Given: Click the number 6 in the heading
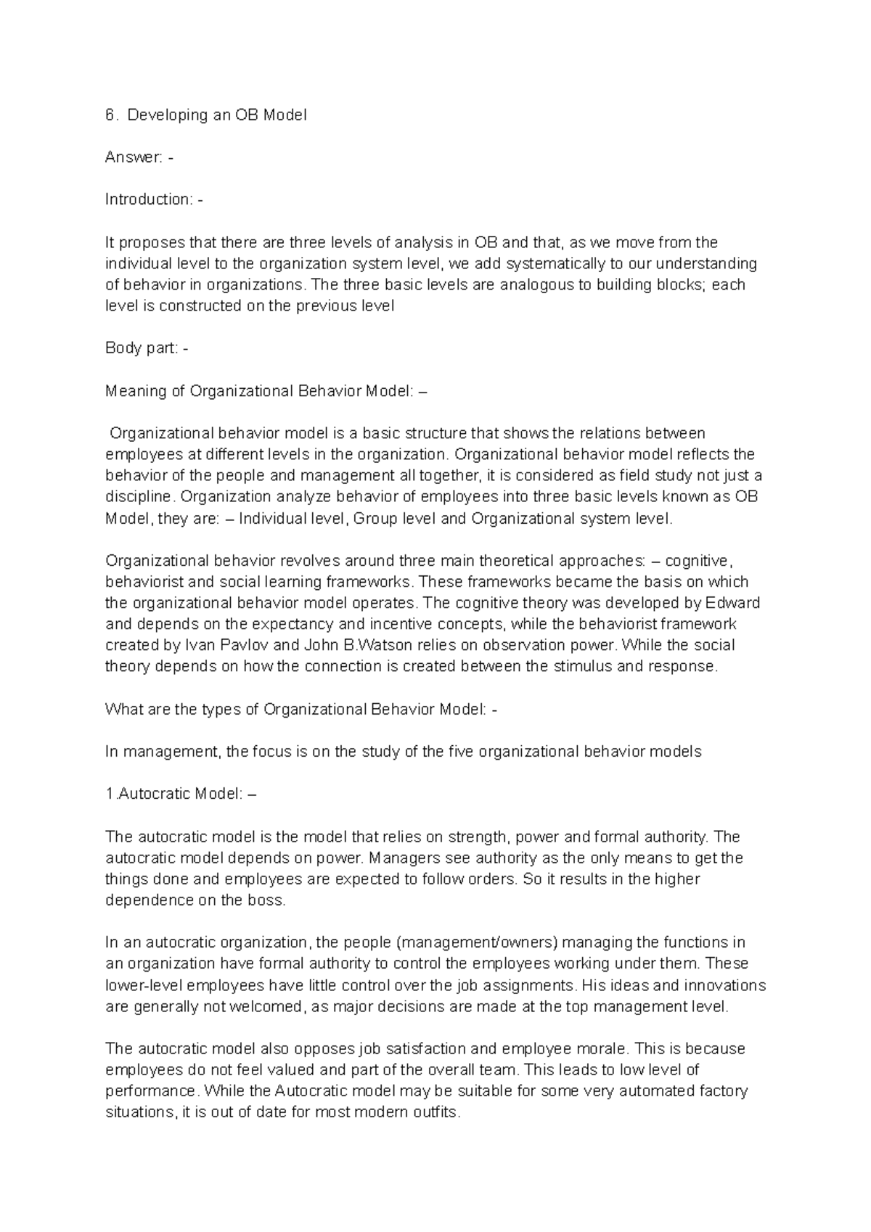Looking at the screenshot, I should [x=110, y=115].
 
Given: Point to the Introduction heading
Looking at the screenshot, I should [x=148, y=200].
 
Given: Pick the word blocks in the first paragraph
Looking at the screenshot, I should [x=680, y=284].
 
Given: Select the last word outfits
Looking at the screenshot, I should [x=435, y=1113].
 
